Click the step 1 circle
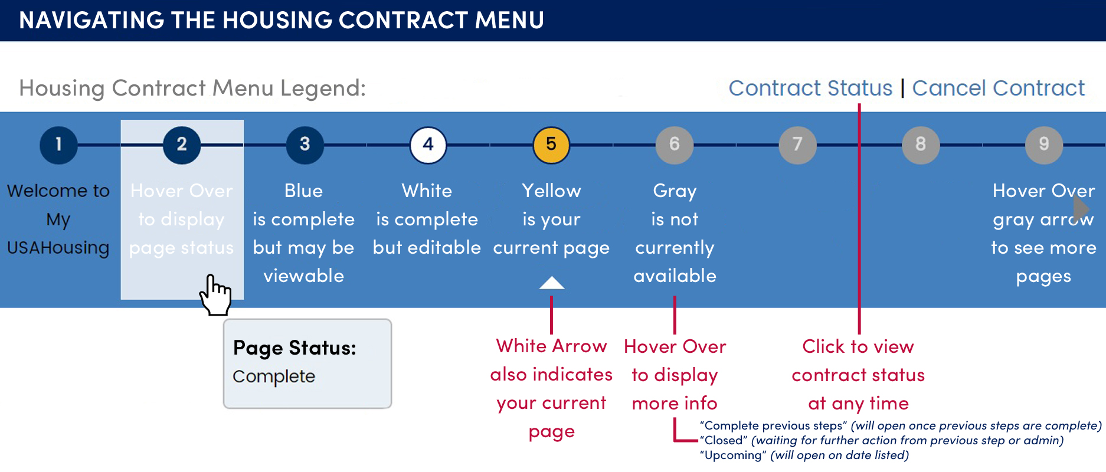[58, 145]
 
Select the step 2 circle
[182, 145]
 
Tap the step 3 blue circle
[305, 145]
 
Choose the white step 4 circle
[428, 145]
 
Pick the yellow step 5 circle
[551, 145]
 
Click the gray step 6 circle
[675, 145]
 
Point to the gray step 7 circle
[798, 145]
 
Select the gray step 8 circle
[921, 145]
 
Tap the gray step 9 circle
[1044, 145]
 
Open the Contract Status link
[810, 88]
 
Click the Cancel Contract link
[999, 88]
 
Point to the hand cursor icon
[215, 294]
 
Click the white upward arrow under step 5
[552, 283]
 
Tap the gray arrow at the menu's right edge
[1081, 208]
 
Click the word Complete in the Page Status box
[274, 376]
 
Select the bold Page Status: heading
[295, 348]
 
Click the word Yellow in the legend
[551, 191]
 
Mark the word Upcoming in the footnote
[731, 455]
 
